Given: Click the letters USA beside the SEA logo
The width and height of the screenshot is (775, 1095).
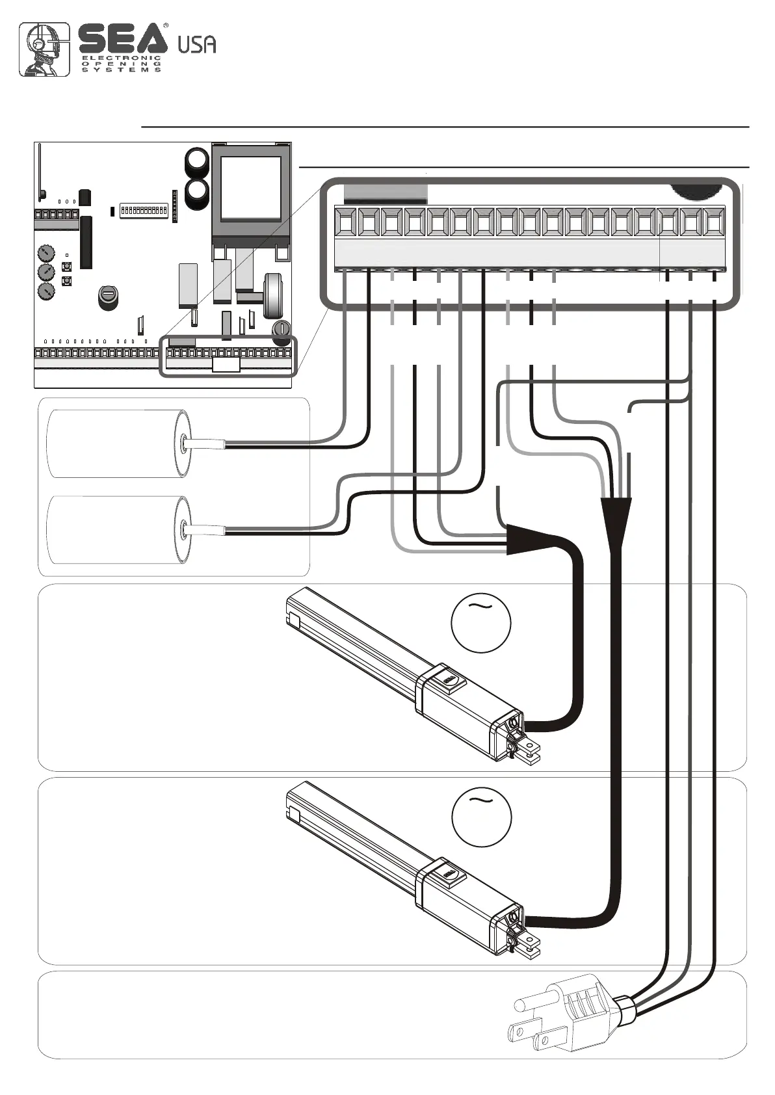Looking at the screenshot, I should click(x=196, y=44).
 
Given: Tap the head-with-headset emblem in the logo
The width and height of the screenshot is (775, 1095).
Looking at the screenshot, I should click(x=44, y=49).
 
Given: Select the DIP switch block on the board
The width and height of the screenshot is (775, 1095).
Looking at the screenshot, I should click(x=144, y=211).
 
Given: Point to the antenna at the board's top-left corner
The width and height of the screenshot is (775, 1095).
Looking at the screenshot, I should click(x=40, y=172).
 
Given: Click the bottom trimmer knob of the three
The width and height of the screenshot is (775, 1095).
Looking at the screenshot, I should click(x=46, y=291).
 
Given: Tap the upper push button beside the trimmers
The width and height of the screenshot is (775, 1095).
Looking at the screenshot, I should click(x=66, y=267).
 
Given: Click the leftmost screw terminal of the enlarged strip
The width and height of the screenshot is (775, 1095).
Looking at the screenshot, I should click(x=346, y=223).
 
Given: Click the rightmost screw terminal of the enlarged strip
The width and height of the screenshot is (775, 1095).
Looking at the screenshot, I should click(x=713, y=223).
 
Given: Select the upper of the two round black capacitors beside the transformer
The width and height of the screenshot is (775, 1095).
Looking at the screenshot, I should click(x=197, y=160).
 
